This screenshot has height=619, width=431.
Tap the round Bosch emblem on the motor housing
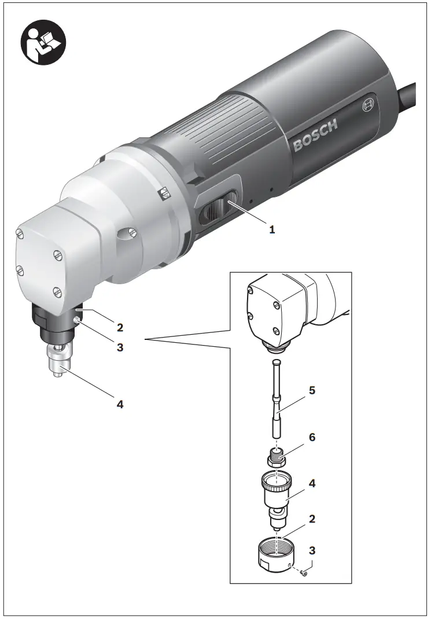(369, 106)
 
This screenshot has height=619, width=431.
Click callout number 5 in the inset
(312, 390)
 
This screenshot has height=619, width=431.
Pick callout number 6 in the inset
(312, 437)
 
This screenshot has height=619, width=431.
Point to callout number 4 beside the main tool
(120, 404)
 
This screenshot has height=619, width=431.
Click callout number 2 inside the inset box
(312, 519)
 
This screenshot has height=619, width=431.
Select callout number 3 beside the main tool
(120, 347)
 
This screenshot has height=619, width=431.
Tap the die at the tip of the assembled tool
(57, 365)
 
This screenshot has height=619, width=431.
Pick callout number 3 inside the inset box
(312, 549)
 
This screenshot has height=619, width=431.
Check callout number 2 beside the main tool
(120, 328)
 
